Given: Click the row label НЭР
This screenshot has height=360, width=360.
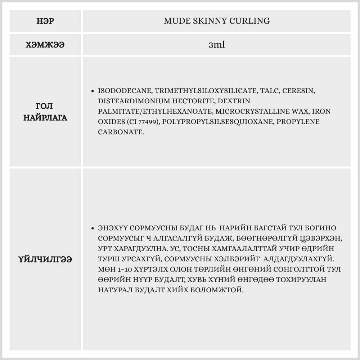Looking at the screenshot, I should [45, 21].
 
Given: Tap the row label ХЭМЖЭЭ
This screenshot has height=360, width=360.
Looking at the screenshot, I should [45, 45].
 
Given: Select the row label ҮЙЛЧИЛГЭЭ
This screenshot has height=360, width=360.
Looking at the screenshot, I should [45, 259].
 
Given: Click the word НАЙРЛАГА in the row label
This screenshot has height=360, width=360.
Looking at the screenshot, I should [45, 118].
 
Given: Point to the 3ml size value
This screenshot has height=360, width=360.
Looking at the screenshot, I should [216, 45].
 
